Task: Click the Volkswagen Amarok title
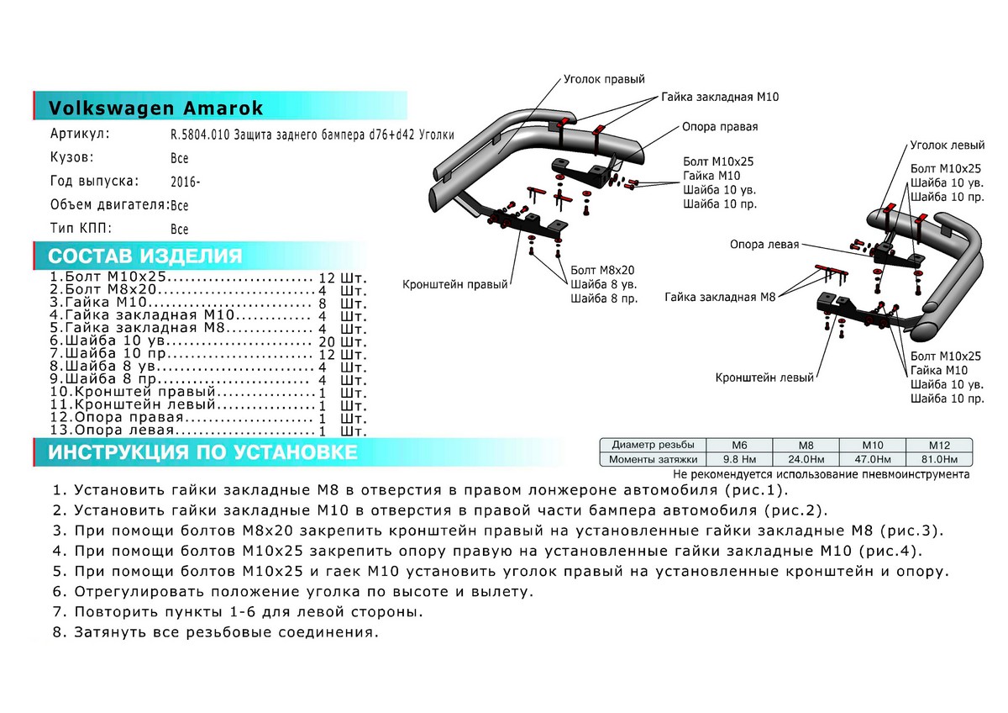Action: (156, 108)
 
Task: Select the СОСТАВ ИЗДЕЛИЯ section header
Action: (145, 256)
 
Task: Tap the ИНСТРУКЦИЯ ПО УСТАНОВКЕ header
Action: (202, 453)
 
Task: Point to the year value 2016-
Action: (185, 182)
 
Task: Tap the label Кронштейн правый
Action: (455, 285)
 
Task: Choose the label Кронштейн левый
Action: (764, 378)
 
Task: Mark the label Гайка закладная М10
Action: (720, 98)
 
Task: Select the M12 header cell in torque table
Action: (938, 444)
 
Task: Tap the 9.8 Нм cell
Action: (740, 459)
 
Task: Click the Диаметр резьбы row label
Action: (653, 444)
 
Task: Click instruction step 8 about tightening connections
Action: (216, 631)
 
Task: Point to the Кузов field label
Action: (71, 158)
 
